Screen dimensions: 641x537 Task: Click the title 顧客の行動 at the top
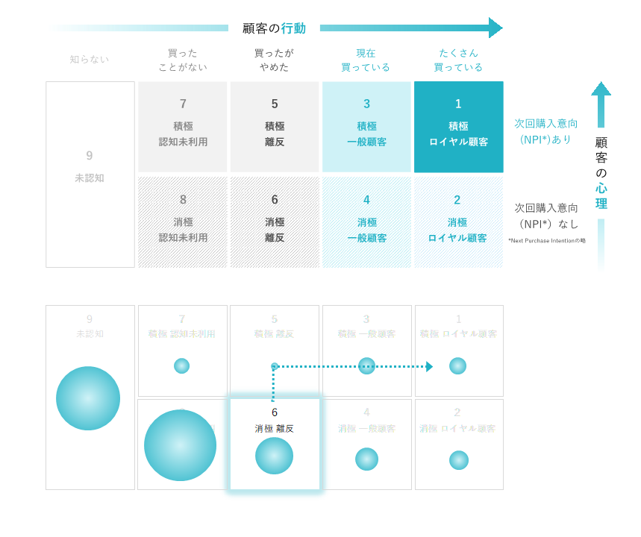[274, 28]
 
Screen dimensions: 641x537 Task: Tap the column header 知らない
[90, 59]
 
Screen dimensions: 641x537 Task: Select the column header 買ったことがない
[183, 60]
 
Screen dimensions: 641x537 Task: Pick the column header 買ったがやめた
[274, 60]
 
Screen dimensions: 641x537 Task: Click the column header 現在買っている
[366, 60]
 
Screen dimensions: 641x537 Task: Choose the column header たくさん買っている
[458, 60]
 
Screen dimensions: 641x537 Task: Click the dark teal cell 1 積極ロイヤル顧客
[458, 127]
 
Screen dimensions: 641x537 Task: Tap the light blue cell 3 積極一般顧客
[366, 127]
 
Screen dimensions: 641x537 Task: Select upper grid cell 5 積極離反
[274, 127]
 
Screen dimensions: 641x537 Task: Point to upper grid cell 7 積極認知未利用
[183, 127]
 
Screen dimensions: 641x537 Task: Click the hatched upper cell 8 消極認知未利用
[183, 222]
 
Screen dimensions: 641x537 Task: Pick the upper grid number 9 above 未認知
[90, 156]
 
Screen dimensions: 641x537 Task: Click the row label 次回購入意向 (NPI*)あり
[545, 131]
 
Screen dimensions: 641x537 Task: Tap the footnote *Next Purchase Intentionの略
[547, 240]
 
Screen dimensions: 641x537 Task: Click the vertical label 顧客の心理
[601, 173]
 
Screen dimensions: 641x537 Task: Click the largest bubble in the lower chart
[180, 445]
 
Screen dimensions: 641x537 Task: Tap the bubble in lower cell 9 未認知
[88, 398]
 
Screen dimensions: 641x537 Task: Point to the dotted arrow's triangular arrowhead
[429, 366]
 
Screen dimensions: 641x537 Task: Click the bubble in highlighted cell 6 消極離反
[274, 456]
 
